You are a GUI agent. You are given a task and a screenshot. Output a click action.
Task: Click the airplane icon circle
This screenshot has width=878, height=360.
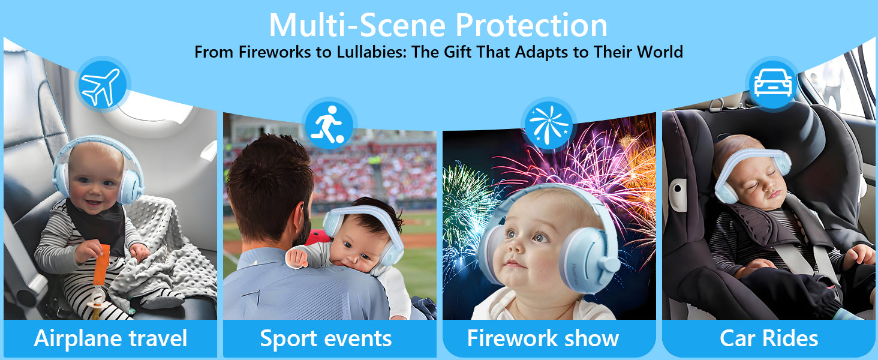[103, 85]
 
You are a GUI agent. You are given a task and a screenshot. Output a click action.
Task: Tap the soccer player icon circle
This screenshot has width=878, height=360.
[329, 125]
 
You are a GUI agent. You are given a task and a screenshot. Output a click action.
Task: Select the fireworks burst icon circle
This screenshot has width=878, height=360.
[549, 125]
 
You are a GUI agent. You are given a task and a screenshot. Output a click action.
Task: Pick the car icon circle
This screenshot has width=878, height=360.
[772, 84]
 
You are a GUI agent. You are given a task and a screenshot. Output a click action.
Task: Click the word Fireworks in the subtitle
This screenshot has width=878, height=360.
[275, 52]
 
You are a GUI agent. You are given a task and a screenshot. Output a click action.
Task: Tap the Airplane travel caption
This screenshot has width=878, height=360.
[110, 338]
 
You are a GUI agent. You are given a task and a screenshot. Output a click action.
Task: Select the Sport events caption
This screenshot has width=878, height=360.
[326, 338]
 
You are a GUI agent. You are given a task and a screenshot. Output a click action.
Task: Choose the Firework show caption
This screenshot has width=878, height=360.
[543, 338]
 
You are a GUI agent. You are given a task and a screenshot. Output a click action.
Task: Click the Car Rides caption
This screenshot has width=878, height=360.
[769, 338]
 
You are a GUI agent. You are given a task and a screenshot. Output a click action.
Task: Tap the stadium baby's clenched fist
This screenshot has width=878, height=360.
[297, 257]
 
